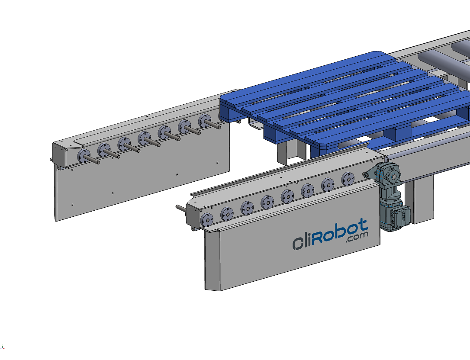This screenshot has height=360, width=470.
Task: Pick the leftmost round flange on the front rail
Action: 207,220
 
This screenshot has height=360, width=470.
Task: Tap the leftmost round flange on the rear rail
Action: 84,156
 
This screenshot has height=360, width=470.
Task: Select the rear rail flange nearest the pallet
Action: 204,120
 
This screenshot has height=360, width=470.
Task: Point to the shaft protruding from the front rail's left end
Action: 181,208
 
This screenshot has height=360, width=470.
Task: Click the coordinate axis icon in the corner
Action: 2,347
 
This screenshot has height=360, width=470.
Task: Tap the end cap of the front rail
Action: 193,216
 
